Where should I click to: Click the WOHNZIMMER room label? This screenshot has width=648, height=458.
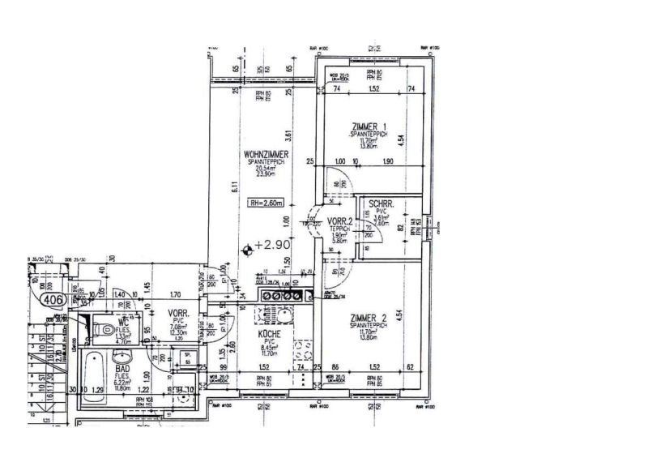(266, 154)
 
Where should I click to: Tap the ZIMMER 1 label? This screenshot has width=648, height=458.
(369, 126)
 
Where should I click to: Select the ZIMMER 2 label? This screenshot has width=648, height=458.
(369, 318)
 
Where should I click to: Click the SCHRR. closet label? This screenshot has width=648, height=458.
(381, 205)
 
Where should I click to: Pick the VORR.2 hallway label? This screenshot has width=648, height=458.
(339, 220)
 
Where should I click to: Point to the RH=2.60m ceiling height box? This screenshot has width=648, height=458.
(265, 204)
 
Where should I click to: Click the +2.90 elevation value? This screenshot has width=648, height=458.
(274, 244)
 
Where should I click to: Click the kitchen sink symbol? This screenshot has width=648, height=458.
(284, 315)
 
